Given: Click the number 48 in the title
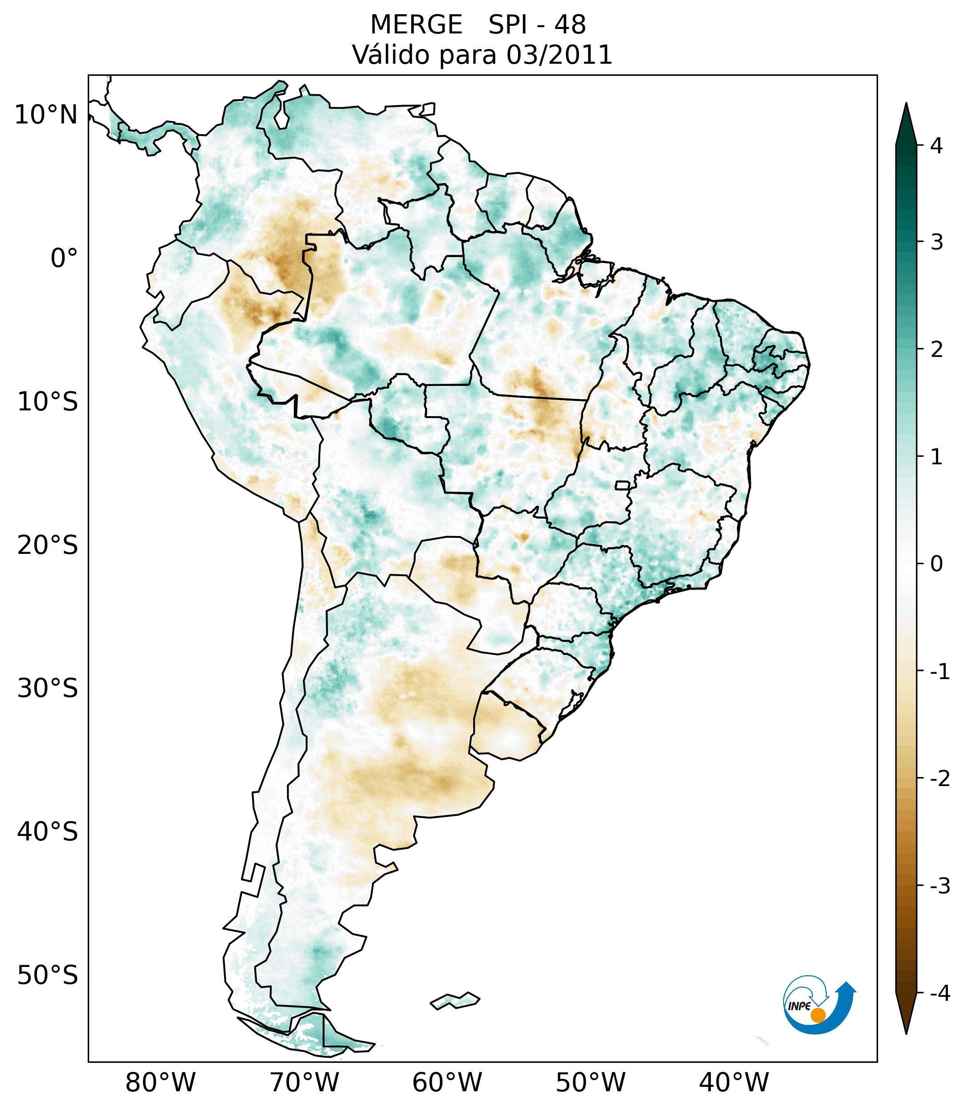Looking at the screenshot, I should [x=570, y=25].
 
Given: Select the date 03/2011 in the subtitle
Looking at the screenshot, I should [x=559, y=55].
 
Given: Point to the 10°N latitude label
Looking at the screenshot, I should [x=46, y=115].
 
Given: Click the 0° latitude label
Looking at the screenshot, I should [x=64, y=258].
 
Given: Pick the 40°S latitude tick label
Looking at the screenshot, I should [x=48, y=831].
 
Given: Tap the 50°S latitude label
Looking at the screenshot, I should [x=48, y=975].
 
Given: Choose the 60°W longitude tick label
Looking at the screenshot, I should [x=447, y=1082].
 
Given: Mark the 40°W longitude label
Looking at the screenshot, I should [x=734, y=1082].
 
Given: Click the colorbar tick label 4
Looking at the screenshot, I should [x=936, y=146].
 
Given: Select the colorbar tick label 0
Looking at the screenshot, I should [x=936, y=564].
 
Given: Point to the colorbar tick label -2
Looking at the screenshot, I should [x=939, y=778].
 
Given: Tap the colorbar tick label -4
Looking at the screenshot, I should [x=939, y=993].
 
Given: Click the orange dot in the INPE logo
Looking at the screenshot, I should [x=818, y=1015].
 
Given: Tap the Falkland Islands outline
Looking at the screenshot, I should [x=455, y=1000].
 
